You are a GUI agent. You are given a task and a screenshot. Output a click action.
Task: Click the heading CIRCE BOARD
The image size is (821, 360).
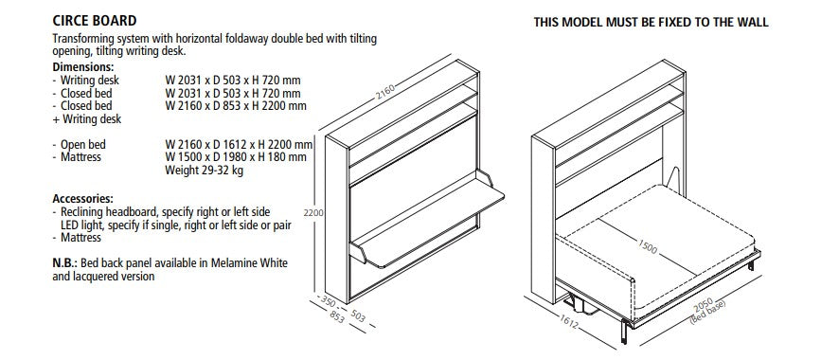tap(95, 21)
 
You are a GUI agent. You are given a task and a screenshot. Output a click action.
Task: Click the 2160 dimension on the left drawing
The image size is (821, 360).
tap(384, 91)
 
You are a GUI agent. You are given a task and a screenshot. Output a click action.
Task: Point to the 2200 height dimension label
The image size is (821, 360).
tap(313, 213)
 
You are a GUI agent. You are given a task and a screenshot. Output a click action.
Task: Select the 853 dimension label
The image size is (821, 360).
tap(337, 316)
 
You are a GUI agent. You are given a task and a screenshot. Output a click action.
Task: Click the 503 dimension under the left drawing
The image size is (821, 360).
tap(358, 315)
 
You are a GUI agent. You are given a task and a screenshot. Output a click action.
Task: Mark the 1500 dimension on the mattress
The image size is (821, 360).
tap(647, 246)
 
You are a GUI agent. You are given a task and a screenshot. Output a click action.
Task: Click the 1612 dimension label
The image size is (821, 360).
tap(568, 322)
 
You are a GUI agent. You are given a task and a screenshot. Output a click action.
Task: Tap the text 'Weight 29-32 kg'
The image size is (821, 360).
tap(205, 171)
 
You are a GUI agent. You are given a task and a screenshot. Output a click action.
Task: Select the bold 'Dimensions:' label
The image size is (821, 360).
tap(83, 67)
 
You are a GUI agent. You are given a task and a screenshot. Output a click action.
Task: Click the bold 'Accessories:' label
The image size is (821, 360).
tap(82, 199)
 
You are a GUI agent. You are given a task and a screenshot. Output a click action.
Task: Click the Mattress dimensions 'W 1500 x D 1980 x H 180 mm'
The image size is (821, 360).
tap(236, 157)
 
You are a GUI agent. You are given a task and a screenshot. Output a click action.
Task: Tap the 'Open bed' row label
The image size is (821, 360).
tap(82, 145)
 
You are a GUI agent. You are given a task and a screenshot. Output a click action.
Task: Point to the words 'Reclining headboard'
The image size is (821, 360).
tap(110, 212)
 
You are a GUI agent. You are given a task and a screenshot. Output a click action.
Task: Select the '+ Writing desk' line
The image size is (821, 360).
tap(87, 119)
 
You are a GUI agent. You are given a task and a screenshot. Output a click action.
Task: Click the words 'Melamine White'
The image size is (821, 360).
tap(249, 263)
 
